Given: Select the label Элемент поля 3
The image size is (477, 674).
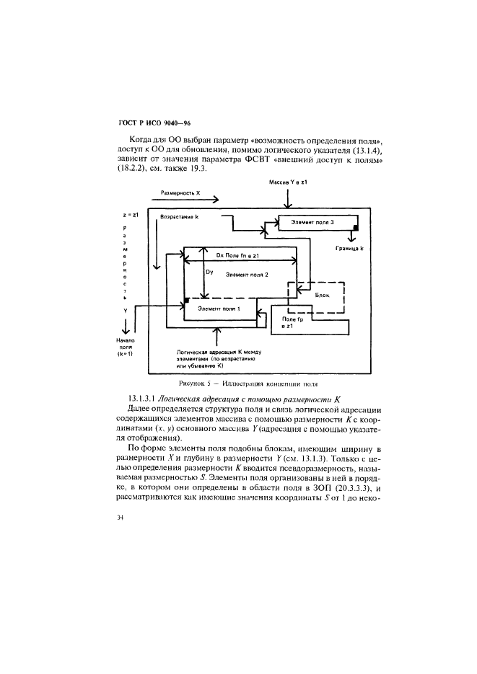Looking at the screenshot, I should pyautogui.click(x=312, y=223).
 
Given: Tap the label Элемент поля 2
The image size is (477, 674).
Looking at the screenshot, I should pyautogui.click(x=247, y=275).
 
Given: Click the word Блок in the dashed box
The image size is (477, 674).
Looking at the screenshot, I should pyautogui.click(x=323, y=294).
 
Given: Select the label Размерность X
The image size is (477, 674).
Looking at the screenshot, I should pyautogui.click(x=180, y=193).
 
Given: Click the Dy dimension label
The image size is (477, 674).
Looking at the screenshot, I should pyautogui.click(x=210, y=272).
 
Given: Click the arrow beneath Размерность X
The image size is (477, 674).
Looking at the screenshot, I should pyautogui.click(x=183, y=203).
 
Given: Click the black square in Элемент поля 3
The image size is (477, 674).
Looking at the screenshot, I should pyautogui.click(x=356, y=229).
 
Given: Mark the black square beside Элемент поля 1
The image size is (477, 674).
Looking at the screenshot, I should pyautogui.click(x=186, y=299).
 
